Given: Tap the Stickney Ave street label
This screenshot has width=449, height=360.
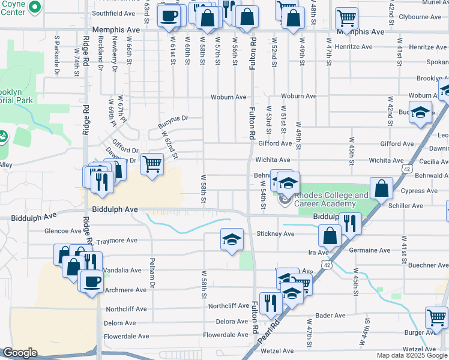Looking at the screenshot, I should tap(276, 233).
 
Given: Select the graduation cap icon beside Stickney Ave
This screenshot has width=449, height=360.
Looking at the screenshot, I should tap(232, 239).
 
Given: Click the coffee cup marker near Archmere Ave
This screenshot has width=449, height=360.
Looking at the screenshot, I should tap(92, 280).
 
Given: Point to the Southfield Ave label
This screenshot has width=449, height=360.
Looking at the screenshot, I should tap(113, 13).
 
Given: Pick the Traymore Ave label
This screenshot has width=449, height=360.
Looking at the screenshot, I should tap(117, 240).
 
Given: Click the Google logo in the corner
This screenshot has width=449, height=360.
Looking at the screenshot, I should tap(19, 353).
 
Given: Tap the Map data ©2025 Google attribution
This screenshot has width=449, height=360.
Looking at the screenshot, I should tap(412, 355).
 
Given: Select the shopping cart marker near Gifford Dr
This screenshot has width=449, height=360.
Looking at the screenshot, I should tap(152, 163).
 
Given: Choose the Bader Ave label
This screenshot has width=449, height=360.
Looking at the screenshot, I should tap(330, 315).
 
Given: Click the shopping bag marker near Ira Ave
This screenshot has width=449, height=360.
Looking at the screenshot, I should tap(330, 235).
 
